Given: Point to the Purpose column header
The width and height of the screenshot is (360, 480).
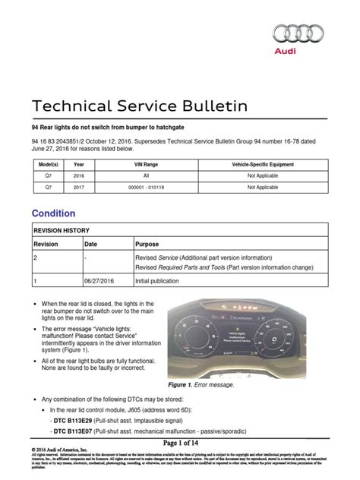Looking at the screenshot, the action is (x=149, y=244).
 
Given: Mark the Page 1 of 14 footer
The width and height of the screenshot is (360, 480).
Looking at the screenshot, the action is (x=180, y=443).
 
